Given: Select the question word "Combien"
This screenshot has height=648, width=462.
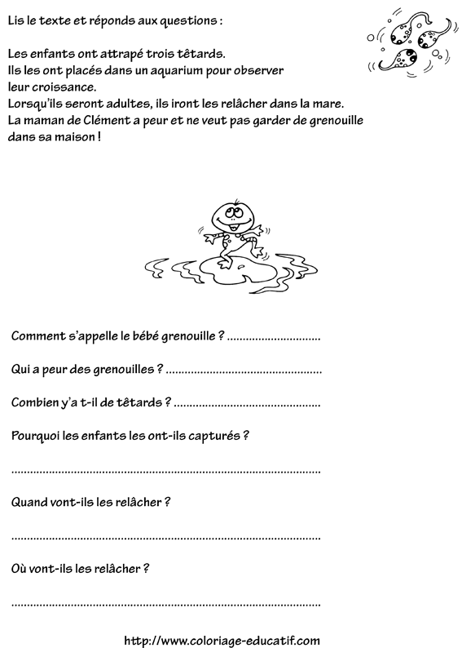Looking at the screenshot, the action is [36, 402].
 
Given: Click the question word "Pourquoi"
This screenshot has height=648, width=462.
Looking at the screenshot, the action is [37, 435].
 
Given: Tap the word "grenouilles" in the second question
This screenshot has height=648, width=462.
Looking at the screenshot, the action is [119, 369].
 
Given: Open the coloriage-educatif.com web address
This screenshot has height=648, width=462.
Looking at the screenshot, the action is [222, 639].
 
